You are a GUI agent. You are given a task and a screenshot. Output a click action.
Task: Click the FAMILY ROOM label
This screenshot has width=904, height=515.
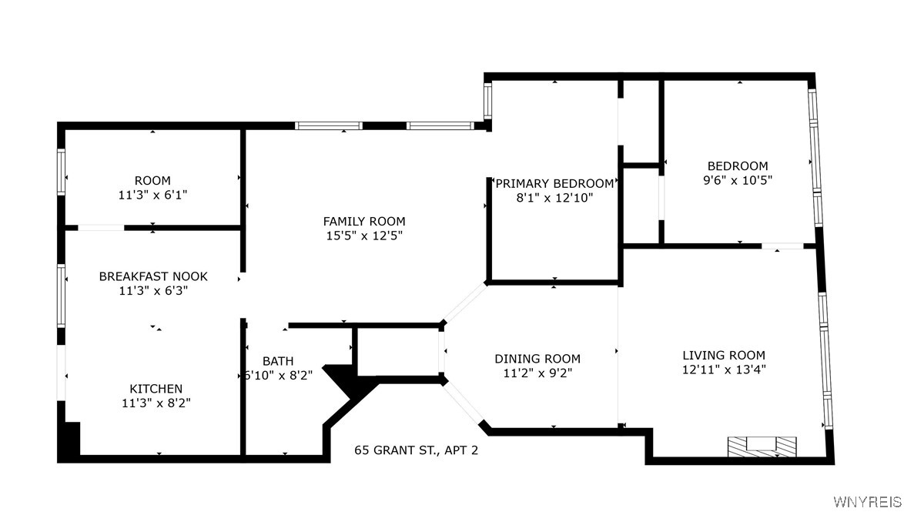pyautogui.click(x=363, y=221)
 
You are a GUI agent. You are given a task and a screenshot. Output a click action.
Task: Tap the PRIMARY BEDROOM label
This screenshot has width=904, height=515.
pyautogui.click(x=554, y=184)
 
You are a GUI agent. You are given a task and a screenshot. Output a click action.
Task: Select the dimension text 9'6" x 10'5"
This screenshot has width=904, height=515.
pyautogui.click(x=738, y=180)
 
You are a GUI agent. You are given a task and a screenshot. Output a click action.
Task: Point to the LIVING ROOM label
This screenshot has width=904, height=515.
pyautogui.click(x=724, y=356)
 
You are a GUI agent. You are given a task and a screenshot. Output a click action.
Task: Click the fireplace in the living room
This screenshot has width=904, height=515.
pyautogui.click(x=762, y=447)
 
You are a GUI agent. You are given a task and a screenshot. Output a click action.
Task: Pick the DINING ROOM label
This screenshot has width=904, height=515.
pyautogui.click(x=537, y=359)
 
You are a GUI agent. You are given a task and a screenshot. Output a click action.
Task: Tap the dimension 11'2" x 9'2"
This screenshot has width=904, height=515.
pyautogui.click(x=537, y=373)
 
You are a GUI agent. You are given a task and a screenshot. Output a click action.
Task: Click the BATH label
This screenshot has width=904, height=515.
pyautogui.click(x=278, y=361)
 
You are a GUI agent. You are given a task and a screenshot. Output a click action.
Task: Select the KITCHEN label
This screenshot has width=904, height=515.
pyautogui.click(x=156, y=389)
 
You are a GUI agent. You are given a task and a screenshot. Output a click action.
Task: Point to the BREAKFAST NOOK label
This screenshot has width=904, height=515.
pyautogui.click(x=153, y=276)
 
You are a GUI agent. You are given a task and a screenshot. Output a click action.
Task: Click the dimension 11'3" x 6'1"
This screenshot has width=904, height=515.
pyautogui.click(x=152, y=195)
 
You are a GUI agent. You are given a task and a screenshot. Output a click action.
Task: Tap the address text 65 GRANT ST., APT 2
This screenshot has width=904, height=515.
pyautogui.click(x=417, y=450)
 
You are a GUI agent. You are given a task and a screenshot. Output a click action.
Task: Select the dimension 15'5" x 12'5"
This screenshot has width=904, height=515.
pyautogui.click(x=363, y=236)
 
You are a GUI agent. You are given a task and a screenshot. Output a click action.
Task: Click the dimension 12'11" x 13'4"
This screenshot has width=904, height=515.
pyautogui.click(x=724, y=370)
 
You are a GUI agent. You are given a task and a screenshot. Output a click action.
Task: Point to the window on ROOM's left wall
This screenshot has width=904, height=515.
pyautogui.click(x=61, y=172)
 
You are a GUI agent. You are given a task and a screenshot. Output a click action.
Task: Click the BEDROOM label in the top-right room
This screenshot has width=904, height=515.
pyautogui.click(x=738, y=166)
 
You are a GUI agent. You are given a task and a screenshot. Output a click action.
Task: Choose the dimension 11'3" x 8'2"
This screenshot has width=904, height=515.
pyautogui.click(x=156, y=403)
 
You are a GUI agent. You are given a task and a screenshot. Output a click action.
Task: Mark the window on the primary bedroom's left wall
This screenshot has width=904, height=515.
pyautogui.click(x=487, y=101)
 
